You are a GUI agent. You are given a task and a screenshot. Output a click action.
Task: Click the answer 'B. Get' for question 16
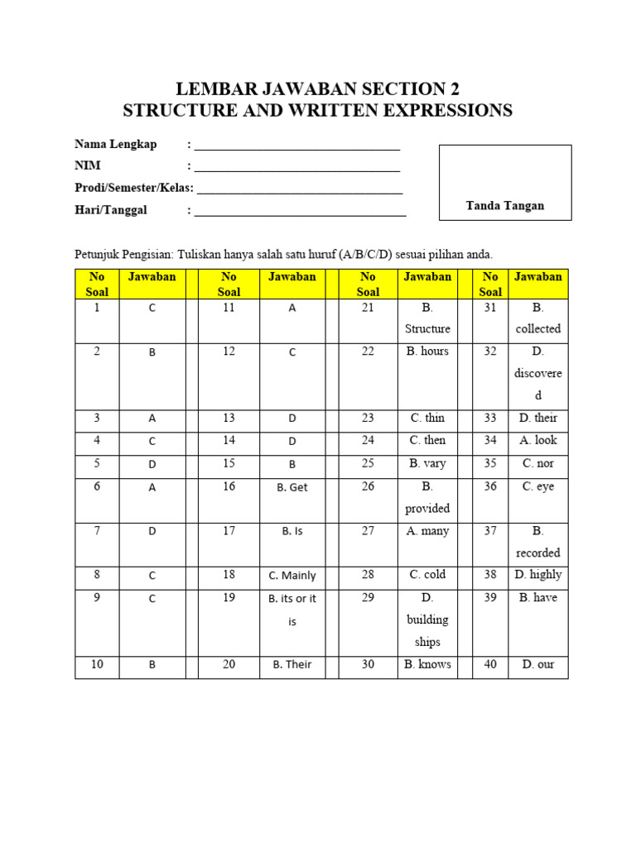pos(291,487)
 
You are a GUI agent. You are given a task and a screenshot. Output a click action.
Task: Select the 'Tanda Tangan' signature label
pos(504,206)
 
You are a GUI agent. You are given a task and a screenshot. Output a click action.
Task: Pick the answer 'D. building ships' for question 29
pos(427,620)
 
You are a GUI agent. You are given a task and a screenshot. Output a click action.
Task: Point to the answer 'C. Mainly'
pos(291,576)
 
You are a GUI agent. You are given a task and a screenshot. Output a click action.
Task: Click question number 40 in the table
pos(490,664)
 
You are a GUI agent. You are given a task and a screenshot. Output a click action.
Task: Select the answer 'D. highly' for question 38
pos(537,574)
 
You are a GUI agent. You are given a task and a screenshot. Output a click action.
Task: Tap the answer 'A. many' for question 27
pos(427,531)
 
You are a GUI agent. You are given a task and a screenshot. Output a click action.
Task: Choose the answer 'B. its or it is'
pos(291,610)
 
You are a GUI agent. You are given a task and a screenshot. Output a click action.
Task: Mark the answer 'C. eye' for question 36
pos(537,486)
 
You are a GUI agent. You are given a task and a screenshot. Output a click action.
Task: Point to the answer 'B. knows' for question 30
pos(427,664)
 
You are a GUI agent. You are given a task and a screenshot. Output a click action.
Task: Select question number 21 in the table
pos(368,308)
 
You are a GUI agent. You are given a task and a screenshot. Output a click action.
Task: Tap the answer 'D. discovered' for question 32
pos(537,373)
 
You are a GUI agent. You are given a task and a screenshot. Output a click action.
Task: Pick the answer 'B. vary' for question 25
pos(427,463)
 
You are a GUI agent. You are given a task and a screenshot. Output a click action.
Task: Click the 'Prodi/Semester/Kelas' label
pos(134,188)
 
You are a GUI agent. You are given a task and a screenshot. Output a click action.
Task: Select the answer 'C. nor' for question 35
pos(537,463)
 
